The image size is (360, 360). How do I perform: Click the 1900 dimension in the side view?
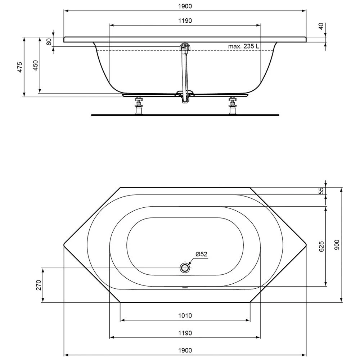185,6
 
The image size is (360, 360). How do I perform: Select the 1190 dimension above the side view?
185,21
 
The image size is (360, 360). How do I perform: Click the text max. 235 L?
244,46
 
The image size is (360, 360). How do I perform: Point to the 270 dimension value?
39,285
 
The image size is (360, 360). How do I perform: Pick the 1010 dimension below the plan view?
185,316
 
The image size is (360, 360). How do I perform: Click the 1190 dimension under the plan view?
185,333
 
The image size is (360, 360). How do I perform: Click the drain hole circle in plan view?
185,268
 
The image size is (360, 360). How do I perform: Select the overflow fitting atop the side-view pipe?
185,48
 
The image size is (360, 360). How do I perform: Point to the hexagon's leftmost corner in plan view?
64,245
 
